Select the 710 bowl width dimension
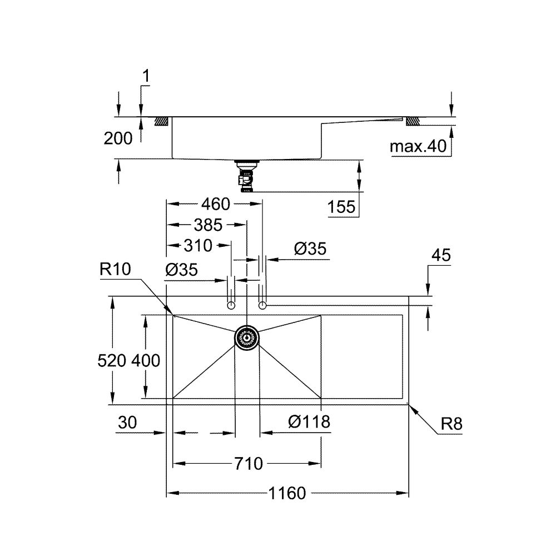(x=248, y=463)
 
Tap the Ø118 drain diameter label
(x=309, y=422)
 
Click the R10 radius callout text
(x=115, y=270)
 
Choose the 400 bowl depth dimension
(x=146, y=361)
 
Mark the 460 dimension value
(x=215, y=204)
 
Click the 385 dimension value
(x=207, y=225)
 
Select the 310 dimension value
(x=197, y=245)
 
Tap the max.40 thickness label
(x=418, y=147)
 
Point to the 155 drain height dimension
(x=341, y=207)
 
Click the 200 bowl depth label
(x=118, y=138)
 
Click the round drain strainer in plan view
(x=247, y=337)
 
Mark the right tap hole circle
(x=262, y=305)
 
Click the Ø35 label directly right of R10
(x=181, y=270)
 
